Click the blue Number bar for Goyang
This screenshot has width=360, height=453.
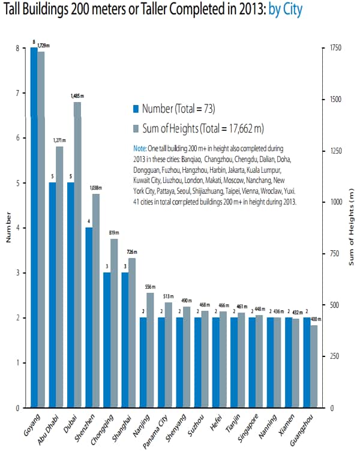coord(34,228)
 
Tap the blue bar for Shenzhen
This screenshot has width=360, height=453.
coord(88,318)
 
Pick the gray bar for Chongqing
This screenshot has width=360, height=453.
coord(113,323)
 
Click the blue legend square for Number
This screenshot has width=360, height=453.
coord(136,109)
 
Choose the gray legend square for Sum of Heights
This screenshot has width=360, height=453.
coord(136,128)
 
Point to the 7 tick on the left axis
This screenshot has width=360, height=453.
coord(18,93)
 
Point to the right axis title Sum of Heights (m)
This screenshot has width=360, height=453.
coord(352,228)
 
